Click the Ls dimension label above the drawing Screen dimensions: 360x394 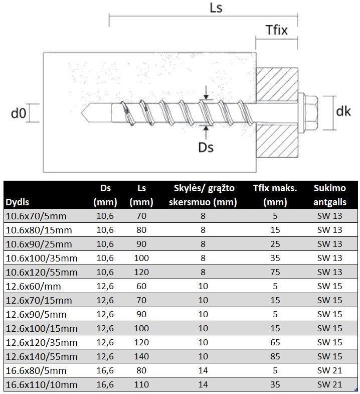point(216,8)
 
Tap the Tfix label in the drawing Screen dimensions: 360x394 point(277,30)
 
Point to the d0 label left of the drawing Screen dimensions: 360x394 point(19,113)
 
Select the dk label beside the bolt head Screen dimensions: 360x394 point(343,111)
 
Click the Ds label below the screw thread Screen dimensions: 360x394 point(206,147)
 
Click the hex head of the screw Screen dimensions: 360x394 point(310,113)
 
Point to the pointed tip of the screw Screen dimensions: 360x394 point(81,113)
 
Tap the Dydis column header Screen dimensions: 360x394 point(18,202)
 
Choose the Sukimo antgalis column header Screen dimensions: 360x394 point(329,195)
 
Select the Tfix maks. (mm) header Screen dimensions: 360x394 point(275,195)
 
